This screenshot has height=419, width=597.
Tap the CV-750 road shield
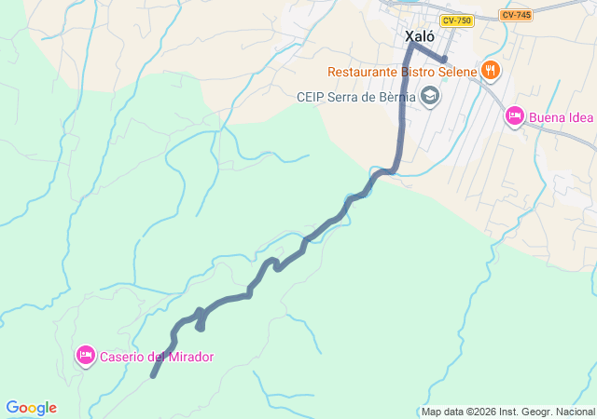coord(456,20)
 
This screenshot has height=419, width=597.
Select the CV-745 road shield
coord(515,15)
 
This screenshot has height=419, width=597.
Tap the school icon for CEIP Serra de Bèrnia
coord(429,95)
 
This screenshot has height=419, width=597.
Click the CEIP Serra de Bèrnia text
coord(355,96)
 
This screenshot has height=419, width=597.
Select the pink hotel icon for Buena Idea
coord(514,116)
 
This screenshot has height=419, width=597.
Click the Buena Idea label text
coord(562,117)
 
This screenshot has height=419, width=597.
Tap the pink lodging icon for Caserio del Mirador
coord(86,355)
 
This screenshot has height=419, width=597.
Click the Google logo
coord(31,408)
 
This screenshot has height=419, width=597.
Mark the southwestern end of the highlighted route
coord(153,375)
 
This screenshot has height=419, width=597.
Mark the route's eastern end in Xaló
coord(445,60)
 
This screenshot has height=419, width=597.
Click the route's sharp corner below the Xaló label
coord(410,43)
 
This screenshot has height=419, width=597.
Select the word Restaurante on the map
coord(362,72)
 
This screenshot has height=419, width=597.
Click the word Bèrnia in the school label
coord(397,96)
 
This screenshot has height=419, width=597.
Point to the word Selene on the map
coord(457,72)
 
